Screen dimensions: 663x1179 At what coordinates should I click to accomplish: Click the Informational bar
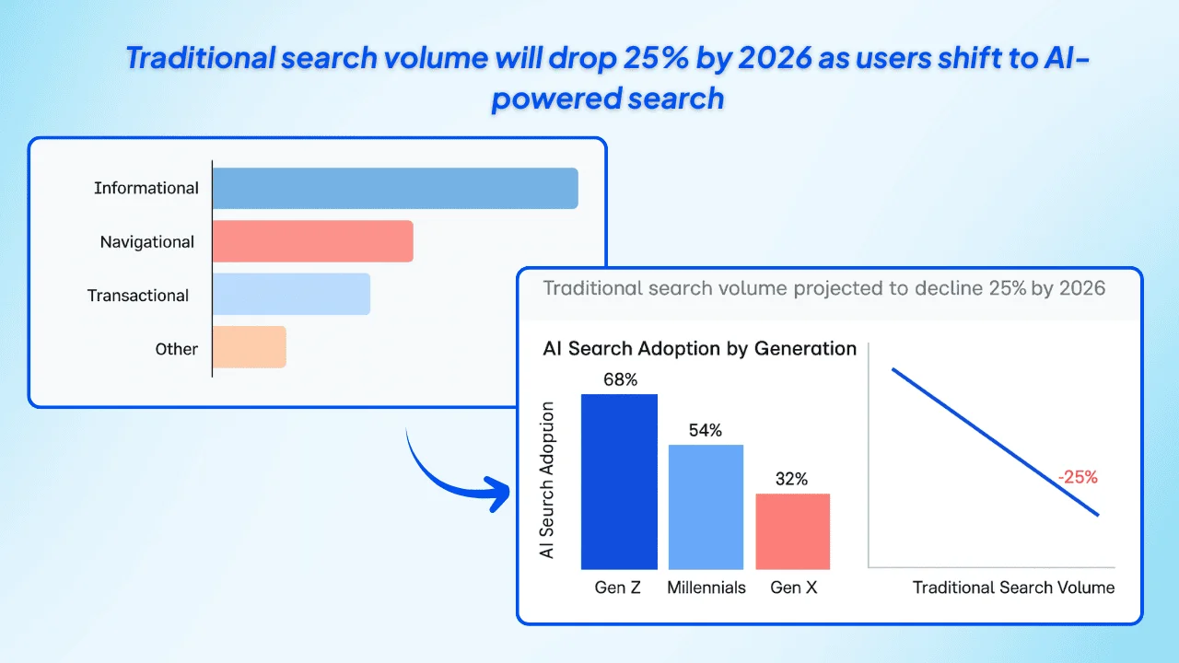coord(395,188)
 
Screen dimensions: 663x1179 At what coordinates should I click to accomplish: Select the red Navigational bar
coord(312,241)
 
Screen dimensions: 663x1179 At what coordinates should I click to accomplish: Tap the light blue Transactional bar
coord(291,295)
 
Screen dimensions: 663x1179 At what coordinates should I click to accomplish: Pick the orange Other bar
coord(250,347)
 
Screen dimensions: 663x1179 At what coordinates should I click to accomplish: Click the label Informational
coord(146,188)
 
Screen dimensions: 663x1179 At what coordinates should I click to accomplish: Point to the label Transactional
coord(138,296)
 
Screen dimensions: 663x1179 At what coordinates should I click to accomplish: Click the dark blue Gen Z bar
coord(619,482)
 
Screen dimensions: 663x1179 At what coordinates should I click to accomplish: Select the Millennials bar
coord(706,506)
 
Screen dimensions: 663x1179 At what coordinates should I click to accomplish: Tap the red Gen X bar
coord(792,531)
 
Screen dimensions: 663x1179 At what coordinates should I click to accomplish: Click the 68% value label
coord(620,378)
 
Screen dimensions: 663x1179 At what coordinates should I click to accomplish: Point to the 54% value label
coord(706,430)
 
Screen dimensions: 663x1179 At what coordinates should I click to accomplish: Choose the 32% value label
coord(791,479)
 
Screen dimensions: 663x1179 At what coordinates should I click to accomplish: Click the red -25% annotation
coord(1077,477)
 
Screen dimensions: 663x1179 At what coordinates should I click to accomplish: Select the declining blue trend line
coord(995,442)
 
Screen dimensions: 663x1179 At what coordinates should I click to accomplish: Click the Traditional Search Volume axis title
coord(1013,587)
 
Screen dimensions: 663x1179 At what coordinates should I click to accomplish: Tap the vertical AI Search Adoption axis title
coord(548,479)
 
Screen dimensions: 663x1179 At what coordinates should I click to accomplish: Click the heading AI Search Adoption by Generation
coord(699,348)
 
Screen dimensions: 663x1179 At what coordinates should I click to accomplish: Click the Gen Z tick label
coord(618,587)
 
